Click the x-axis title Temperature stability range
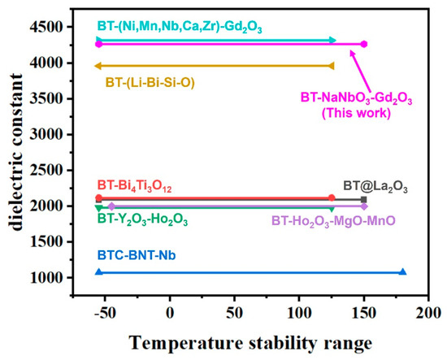coord(254,340)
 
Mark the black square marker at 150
coord(364,199)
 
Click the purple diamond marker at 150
coord(364,206)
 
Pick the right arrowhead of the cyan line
coord(332,40)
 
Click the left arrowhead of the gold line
coord(98,66)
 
